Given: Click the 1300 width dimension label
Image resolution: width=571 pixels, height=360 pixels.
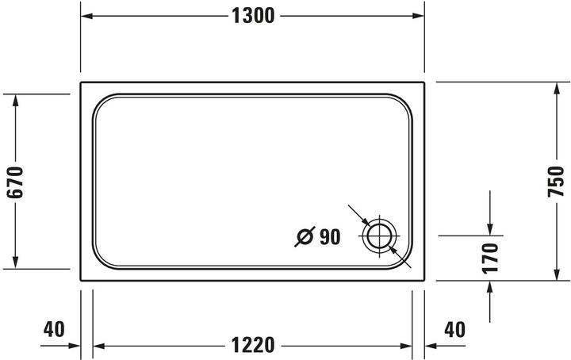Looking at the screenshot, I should tap(252, 16).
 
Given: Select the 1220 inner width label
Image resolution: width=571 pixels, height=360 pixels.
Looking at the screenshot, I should tap(252, 346).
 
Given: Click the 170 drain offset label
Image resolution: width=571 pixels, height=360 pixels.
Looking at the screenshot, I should tap(491, 258).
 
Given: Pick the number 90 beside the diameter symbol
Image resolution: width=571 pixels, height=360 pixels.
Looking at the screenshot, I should tap(329, 236).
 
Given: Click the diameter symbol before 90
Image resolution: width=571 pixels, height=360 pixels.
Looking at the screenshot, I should tap(305, 236).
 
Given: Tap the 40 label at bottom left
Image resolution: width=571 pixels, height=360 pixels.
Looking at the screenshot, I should tap(53, 327).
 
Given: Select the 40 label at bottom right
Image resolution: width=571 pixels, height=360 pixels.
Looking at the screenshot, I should tap(454, 327).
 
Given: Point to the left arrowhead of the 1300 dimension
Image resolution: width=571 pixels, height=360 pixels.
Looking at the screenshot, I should tap(86, 16).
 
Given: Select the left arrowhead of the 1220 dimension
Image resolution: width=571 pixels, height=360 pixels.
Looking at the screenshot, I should tap(98, 346).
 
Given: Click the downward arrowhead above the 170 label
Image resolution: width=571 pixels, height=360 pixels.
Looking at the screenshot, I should tap(491, 231).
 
